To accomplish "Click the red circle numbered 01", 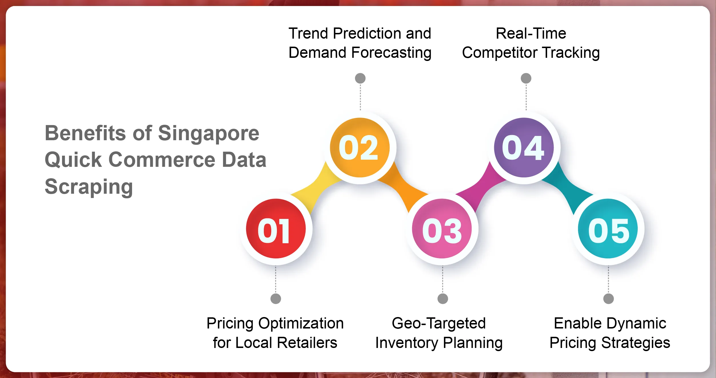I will [276, 229].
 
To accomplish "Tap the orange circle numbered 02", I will [360, 148].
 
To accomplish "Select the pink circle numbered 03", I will [442, 229].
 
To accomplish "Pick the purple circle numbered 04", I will [524, 148].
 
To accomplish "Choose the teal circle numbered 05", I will [608, 229].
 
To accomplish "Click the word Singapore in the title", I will [208, 134].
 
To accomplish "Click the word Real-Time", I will [531, 33].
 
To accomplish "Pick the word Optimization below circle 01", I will [301, 324].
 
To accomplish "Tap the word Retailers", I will [307, 343].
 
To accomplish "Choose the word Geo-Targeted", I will [438, 324].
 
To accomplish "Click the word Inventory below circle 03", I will [406, 343].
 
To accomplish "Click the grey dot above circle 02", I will [360, 78].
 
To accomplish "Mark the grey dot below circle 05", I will [609, 299].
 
